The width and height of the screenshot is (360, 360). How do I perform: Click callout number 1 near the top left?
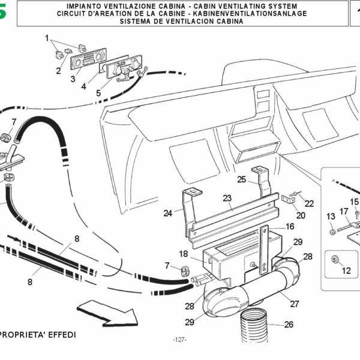pos(47,38)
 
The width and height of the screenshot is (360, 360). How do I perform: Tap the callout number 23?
pos(227,198)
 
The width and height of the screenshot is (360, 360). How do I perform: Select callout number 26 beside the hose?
pos(289,325)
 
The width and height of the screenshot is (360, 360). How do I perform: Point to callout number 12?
pos(346,271)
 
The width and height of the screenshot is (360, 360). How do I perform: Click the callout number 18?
pos(183,254)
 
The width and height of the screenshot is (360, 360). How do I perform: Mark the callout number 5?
pos(98,93)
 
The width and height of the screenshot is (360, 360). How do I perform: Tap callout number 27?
pos(294,304)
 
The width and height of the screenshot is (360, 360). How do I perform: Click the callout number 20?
pos(301,215)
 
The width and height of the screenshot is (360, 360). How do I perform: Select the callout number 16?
pos(290,227)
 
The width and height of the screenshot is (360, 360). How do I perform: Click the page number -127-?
pos(180,340)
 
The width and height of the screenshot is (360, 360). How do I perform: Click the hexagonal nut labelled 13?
pos(331,231)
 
